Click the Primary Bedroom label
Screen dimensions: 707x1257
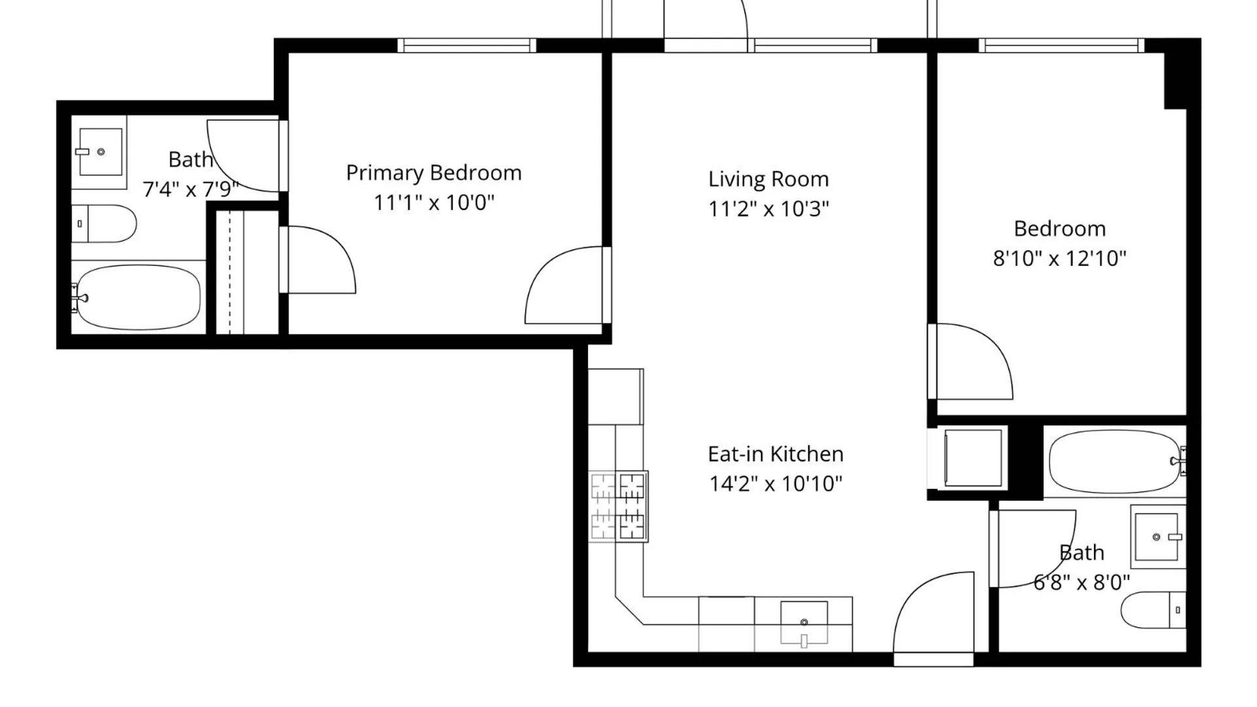433,173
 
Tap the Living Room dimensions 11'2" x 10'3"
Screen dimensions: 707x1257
768,209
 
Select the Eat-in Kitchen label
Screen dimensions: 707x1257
775,454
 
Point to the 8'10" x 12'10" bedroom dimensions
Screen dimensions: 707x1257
1059,259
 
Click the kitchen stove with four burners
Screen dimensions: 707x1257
618,506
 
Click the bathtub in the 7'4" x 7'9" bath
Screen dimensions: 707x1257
138,298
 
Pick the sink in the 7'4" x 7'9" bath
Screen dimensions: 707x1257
100,152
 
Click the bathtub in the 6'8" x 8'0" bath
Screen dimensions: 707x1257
1114,462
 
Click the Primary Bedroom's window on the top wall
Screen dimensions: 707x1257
467,45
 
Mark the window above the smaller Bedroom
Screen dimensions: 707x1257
1061,45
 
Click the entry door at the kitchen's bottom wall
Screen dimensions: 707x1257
933,619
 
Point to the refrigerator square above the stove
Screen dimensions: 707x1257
615,396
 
